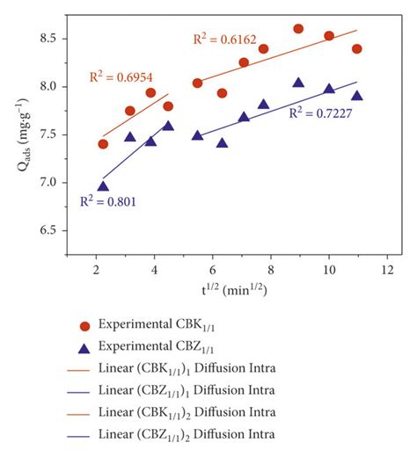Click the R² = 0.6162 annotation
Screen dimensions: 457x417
[224, 39]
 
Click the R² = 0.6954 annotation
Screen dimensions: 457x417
[119, 76]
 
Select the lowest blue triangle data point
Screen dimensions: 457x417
[103, 185]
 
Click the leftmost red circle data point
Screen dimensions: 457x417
[103, 144]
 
